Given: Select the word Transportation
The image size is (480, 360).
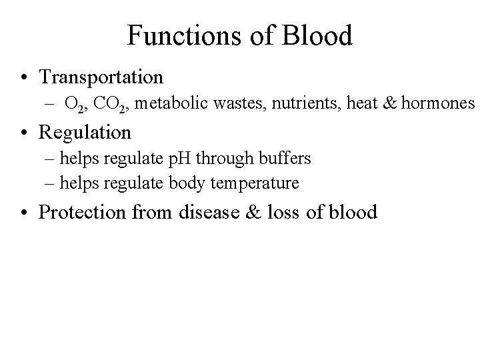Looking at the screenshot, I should [x=101, y=77].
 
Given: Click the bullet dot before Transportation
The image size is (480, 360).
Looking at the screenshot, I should [x=24, y=77].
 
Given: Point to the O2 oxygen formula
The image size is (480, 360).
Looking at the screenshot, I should [x=75, y=104].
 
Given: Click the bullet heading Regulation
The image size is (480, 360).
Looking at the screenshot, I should [x=85, y=132].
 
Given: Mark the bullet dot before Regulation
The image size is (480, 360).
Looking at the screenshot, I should [x=24, y=132].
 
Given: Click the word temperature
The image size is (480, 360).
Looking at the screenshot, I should [x=257, y=181].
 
